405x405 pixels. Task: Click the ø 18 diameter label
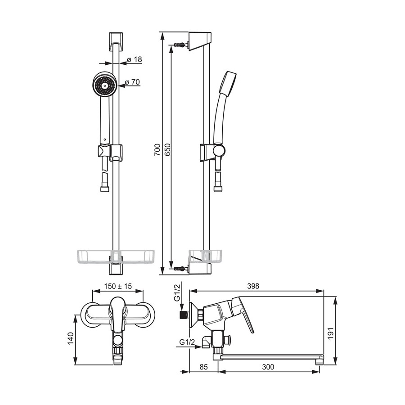point(135,60)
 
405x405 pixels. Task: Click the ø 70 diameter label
point(132,82)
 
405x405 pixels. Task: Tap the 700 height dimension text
point(157,150)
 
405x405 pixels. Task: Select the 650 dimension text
point(167,150)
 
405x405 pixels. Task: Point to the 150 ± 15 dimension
point(118,286)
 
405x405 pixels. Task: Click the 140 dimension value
point(71,338)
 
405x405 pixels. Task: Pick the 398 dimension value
point(253,286)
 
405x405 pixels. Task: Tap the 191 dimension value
point(331,334)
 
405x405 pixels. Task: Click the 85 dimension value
point(204,367)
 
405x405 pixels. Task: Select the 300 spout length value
point(268,367)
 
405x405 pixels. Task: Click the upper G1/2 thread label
point(177,292)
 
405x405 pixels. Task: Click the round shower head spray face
point(103,85)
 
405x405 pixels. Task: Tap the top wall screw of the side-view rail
point(180,45)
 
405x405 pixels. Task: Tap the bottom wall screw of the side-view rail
point(180,269)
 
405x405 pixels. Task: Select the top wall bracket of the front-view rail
point(116,41)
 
